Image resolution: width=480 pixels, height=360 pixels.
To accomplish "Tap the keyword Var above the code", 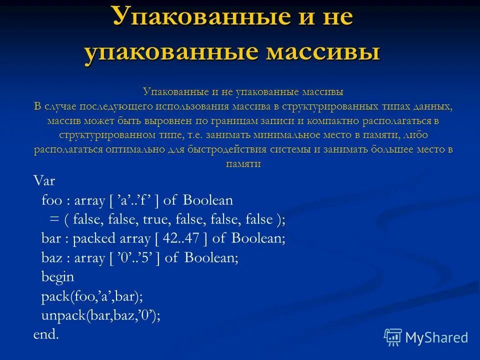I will [44, 180].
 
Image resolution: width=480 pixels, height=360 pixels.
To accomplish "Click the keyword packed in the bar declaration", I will [94, 239].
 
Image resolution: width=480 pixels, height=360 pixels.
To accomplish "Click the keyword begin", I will [57, 276].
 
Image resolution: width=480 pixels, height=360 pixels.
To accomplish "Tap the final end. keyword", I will [46, 334].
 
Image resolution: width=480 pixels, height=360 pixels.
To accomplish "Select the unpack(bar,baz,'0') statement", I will [100, 315].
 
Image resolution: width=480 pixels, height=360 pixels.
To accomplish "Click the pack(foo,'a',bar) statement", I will [92, 296].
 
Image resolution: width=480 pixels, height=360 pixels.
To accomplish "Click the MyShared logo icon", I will [393, 337].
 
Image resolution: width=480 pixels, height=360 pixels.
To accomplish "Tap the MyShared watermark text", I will [436, 337].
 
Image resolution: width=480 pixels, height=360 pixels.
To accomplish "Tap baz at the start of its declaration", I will [51, 258].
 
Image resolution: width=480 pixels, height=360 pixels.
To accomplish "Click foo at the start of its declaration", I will [51, 201].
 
